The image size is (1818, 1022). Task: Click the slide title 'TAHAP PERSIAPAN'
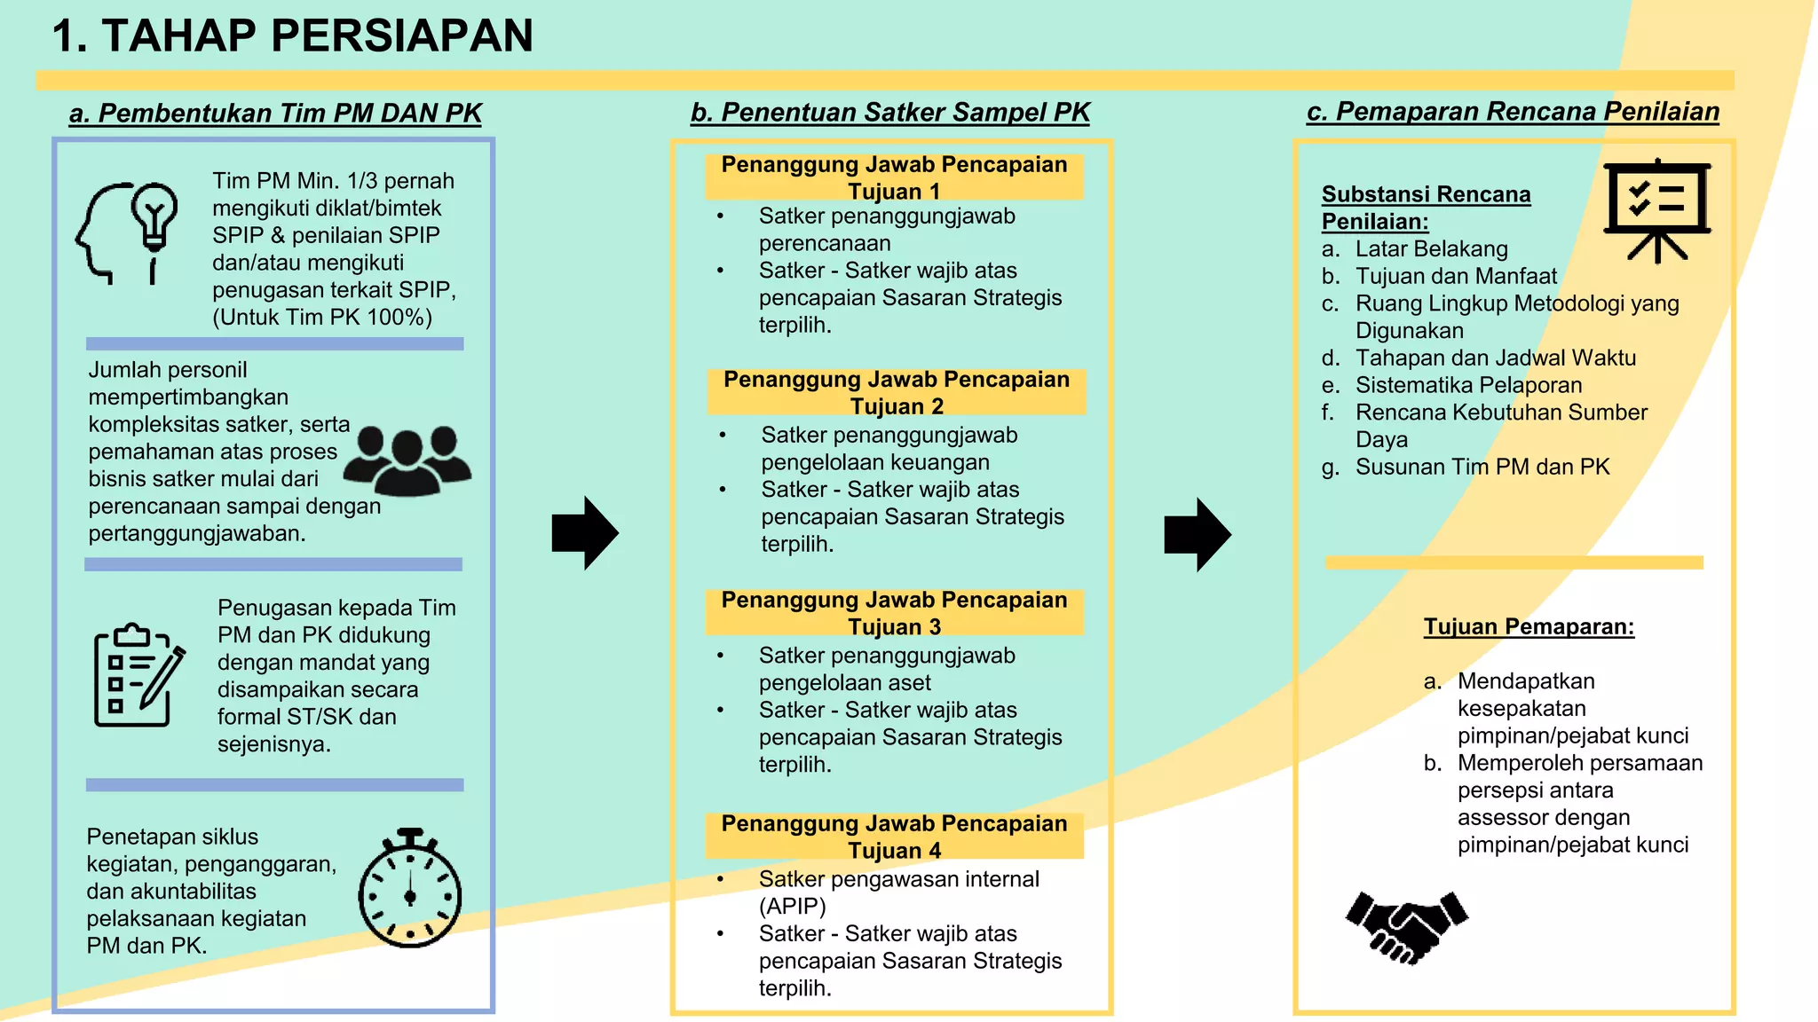click(293, 36)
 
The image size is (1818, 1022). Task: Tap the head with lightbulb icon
click(129, 232)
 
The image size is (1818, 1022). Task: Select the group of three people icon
click(407, 460)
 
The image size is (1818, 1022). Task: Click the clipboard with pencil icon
click(138, 674)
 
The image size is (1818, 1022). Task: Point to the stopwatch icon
click(410, 889)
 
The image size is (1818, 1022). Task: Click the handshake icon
click(1407, 926)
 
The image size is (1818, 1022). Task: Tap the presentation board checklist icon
click(1656, 209)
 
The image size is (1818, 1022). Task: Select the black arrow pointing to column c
click(1198, 534)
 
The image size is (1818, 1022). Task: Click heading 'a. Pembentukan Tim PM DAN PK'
click(275, 114)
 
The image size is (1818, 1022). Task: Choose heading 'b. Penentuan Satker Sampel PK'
click(890, 113)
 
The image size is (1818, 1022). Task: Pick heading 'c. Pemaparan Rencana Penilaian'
click(1513, 112)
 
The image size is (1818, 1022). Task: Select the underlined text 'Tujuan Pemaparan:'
click(1529, 626)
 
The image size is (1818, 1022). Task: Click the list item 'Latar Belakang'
click(1431, 249)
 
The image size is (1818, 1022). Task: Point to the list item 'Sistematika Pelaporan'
click(1468, 385)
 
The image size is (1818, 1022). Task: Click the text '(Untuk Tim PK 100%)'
click(322, 318)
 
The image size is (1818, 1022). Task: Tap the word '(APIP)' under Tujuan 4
click(792, 906)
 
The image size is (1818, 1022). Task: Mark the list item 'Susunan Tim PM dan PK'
click(1482, 467)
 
